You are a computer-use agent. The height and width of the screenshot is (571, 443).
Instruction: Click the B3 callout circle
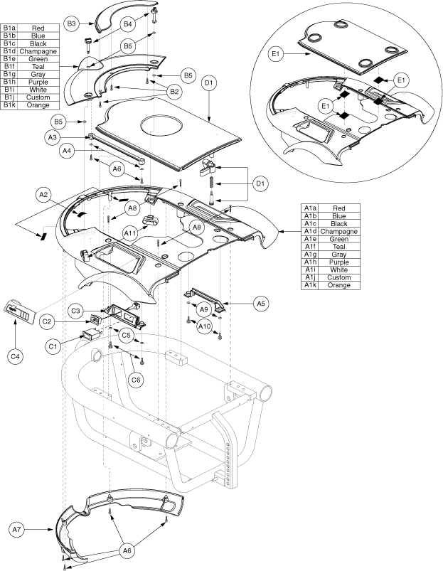71,24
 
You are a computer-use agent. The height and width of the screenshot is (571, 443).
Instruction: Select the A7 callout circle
17,530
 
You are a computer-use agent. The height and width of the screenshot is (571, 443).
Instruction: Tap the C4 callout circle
15,356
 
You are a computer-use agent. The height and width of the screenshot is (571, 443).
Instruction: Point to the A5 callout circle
261,303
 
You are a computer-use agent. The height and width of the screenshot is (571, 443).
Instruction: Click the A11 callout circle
130,233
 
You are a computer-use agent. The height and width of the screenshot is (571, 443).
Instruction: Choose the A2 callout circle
43,195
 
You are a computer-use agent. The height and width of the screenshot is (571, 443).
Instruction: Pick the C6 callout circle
136,380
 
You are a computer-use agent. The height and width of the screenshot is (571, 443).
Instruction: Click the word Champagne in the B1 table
38,51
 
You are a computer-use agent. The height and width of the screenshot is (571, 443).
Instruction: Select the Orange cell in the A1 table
339,285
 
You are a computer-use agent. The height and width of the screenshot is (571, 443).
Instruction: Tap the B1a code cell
9,28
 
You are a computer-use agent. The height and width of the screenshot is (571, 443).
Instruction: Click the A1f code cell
310,247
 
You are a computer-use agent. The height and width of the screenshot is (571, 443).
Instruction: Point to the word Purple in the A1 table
339,262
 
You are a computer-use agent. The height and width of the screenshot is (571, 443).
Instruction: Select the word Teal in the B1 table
38,67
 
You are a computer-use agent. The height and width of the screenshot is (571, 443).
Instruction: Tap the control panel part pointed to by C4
20,312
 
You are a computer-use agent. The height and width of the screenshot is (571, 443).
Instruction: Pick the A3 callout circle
53,138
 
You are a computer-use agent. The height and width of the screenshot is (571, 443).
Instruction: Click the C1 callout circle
53,346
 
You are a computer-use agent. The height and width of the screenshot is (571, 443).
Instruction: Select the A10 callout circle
204,326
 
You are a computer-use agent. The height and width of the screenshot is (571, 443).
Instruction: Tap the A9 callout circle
204,309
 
